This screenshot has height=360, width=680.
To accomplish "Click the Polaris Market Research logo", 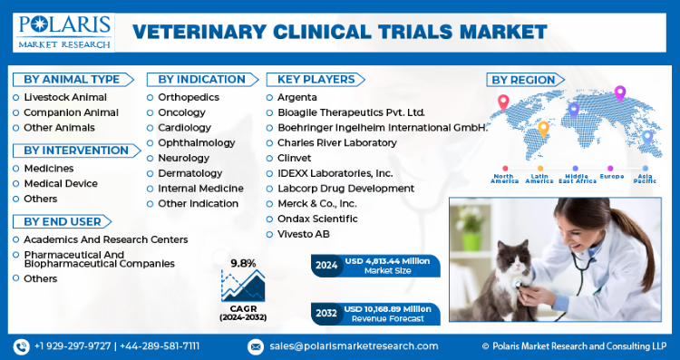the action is [x=63, y=32].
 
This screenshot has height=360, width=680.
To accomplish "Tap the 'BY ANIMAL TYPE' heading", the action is [x=72, y=80].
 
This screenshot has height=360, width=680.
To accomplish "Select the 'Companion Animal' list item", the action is [x=71, y=112].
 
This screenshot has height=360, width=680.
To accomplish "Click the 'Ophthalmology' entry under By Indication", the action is [x=196, y=143].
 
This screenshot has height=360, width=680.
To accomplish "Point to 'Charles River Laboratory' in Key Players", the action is [x=337, y=142].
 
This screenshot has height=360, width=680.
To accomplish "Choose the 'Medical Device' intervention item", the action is [x=61, y=183].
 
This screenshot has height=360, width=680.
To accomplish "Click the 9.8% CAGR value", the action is [x=243, y=263].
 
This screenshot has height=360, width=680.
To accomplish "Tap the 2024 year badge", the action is [x=326, y=265].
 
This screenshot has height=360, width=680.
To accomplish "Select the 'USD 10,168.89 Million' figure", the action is [x=387, y=309].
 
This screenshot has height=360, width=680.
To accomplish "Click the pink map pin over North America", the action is [x=503, y=103].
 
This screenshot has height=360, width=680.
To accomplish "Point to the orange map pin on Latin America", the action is [x=543, y=130].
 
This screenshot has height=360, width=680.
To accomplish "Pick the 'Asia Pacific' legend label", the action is [x=645, y=179].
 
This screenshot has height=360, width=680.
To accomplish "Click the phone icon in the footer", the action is [x=21, y=346].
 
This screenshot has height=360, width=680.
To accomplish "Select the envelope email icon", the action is [x=256, y=346].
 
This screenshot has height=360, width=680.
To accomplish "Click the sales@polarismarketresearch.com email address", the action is [x=354, y=346].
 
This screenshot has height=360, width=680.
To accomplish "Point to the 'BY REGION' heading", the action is [x=523, y=80].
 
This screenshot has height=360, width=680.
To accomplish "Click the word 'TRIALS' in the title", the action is [x=413, y=32].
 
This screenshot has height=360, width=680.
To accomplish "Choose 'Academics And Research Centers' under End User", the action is [x=106, y=239].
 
